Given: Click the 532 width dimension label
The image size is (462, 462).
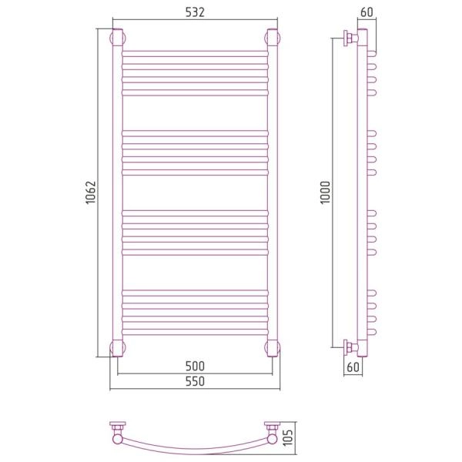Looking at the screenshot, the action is pyautogui.click(x=195, y=12).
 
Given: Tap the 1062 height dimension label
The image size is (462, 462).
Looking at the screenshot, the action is pyautogui.click(x=91, y=192).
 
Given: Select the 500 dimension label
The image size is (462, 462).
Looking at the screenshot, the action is pyautogui.click(x=195, y=367).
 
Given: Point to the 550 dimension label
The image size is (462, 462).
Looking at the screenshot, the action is pyautogui.click(x=195, y=381).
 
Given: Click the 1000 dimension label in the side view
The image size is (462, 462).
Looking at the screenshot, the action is pyautogui.click(x=326, y=192).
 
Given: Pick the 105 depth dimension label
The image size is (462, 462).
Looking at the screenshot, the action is pyautogui.click(x=288, y=437).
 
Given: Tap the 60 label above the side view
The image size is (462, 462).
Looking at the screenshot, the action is pyautogui.click(x=367, y=12).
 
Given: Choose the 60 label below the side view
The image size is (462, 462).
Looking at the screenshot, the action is pyautogui.click(x=353, y=367).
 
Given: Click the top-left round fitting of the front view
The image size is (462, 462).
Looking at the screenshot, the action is pyautogui.click(x=118, y=38).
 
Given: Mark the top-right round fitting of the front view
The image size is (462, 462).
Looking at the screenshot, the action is pyautogui.click(x=273, y=38).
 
